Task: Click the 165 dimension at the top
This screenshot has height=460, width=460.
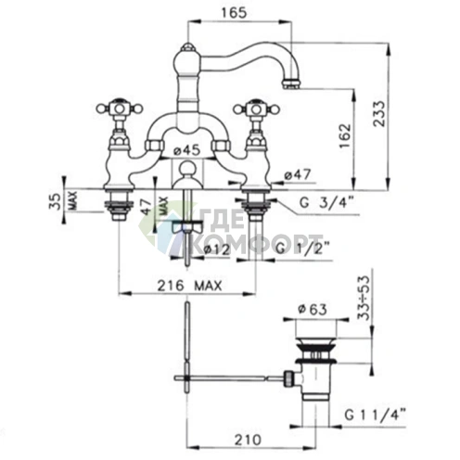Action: coord(235,13)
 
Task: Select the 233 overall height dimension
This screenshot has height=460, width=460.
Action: coord(379,113)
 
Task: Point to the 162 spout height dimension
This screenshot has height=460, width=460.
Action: coord(345,136)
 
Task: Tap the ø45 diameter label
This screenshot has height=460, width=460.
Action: coord(186,150)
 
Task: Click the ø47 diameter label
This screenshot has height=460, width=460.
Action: coord(298,175)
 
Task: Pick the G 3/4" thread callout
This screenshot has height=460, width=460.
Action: coord(326,203)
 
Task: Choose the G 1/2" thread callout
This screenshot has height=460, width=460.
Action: coord(303,249)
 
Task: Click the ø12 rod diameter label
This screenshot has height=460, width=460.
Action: coord(217,249)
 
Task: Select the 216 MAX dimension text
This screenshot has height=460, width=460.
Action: coord(190,286)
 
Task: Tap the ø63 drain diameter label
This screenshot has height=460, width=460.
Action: coord(313,309)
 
